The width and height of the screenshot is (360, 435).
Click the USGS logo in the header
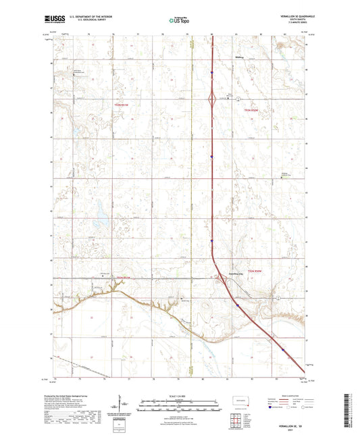(x=53, y=18)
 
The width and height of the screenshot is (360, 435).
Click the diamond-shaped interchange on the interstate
(x=213, y=100)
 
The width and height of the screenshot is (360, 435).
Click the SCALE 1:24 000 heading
(x=179, y=396)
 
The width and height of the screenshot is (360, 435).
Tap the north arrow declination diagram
(x=122, y=405)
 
